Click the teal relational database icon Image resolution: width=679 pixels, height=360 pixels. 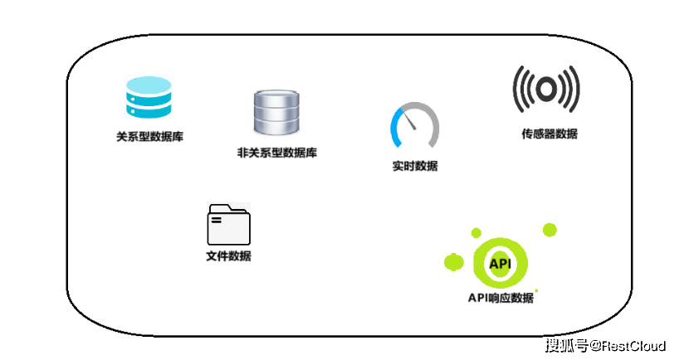(x=149, y=97)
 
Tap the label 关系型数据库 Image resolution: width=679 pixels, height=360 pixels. (x=150, y=137)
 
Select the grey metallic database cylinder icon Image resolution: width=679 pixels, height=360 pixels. (x=276, y=112)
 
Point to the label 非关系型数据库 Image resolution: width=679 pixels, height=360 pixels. (x=277, y=153)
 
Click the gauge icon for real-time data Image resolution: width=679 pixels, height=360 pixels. (x=415, y=125)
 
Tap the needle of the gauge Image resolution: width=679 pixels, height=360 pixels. (x=409, y=119)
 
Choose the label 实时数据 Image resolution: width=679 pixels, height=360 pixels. (x=415, y=166)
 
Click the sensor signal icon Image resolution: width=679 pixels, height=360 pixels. (x=546, y=89)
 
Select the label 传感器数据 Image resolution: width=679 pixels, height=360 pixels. (x=550, y=134)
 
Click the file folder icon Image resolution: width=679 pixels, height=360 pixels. (x=228, y=224)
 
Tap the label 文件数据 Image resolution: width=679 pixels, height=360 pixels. (x=228, y=256)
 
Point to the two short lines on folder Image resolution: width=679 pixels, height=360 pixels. (x=216, y=220)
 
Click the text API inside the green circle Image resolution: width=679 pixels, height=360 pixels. (x=501, y=264)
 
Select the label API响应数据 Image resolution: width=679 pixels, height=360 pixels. (x=501, y=298)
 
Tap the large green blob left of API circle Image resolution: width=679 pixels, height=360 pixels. (x=454, y=262)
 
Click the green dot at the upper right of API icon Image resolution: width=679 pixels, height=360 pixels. (x=550, y=230)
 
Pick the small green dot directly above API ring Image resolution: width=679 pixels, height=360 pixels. (x=476, y=233)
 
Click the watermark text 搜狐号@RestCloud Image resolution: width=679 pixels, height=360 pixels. (x=605, y=345)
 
